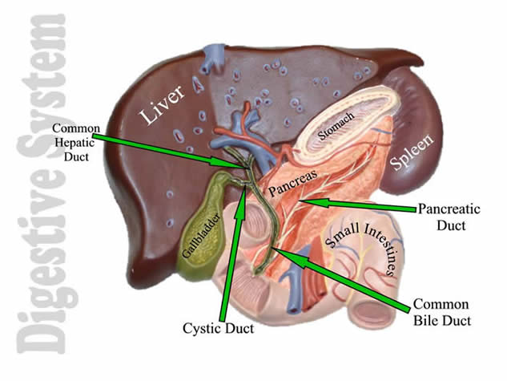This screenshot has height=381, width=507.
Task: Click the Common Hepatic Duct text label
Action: [x=76, y=142]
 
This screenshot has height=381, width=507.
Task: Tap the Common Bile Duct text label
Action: [x=441, y=313]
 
